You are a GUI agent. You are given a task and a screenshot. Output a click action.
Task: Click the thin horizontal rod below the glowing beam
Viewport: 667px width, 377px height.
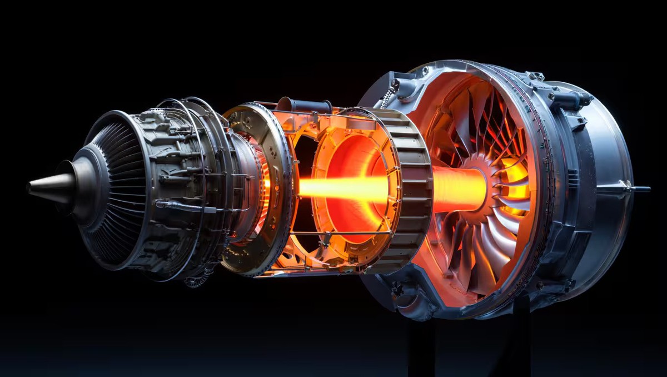point(333,233)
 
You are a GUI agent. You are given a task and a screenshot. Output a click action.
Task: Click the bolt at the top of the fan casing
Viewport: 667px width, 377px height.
point(425,71)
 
